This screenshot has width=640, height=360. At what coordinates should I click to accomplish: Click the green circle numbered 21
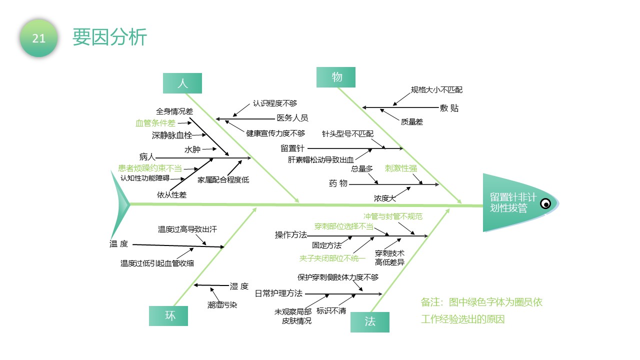tap(38, 38)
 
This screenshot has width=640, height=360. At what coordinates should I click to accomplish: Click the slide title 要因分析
tap(109, 37)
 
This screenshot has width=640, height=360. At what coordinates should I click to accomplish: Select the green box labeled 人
tap(182, 83)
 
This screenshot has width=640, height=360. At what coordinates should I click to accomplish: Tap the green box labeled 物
tap(336, 77)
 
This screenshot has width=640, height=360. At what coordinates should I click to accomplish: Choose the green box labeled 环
tap(168, 315)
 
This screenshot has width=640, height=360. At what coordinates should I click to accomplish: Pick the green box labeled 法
tap(370, 322)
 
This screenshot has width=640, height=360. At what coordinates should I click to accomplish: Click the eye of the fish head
tap(545, 203)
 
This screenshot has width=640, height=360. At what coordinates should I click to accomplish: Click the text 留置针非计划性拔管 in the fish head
tap(513, 202)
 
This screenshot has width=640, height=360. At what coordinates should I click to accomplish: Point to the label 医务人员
tap(292, 117)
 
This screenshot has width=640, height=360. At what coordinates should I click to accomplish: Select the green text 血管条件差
tap(155, 123)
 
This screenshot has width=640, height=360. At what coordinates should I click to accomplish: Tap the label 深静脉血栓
tap(172, 135)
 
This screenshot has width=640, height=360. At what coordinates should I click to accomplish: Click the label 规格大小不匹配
tap(436, 90)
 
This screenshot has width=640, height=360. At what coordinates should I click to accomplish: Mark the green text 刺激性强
tap(401, 168)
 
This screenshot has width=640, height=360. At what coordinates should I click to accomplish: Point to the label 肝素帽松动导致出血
tap(320, 159)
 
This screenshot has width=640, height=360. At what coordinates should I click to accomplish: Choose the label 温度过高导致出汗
tap(187, 229)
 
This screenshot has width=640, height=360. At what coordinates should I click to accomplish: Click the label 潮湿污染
tap(222, 305)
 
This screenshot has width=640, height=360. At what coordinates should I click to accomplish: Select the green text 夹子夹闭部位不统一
tap(332, 258)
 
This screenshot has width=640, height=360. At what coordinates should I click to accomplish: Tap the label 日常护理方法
tap(278, 293)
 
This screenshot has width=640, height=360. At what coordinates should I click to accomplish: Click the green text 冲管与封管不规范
tap(393, 216)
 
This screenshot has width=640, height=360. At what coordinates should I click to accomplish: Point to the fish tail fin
tap(119, 204)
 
